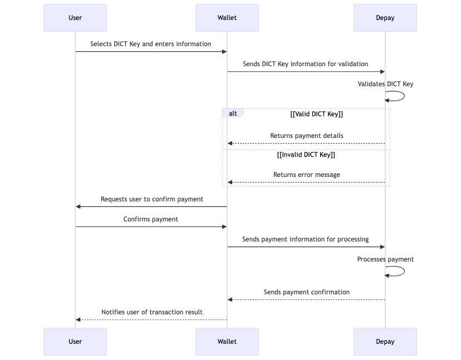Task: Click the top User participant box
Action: pos(75,18)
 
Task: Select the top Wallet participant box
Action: pos(227,18)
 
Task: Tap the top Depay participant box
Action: pos(385,18)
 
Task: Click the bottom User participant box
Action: pos(75,341)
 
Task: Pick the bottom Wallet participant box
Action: pos(227,341)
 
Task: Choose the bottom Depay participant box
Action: pos(385,341)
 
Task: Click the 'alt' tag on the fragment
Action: pos(233,114)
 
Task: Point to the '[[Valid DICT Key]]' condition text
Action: pos(316,114)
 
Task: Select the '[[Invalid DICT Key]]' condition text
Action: pos(306,155)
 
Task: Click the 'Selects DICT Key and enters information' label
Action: pos(151,44)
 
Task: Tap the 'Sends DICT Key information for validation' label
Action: pos(305,64)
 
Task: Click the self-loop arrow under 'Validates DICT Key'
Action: pos(398,96)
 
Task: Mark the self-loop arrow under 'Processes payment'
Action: pos(398,271)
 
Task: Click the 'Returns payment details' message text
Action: pos(306,136)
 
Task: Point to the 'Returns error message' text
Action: pos(306,175)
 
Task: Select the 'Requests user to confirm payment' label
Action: pos(151,199)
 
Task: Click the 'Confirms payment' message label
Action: pos(151,219)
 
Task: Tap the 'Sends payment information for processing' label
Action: pos(305,239)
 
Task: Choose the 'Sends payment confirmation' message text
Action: pos(306,292)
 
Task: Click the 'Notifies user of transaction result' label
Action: pos(151,312)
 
